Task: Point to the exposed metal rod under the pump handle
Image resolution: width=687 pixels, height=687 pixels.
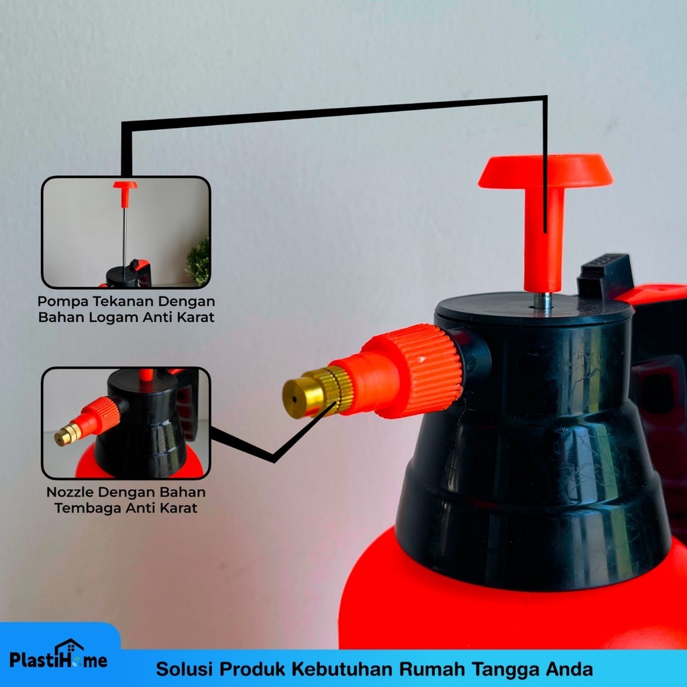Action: tap(542, 301)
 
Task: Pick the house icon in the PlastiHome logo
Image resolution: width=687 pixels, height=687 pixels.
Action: tap(69, 648)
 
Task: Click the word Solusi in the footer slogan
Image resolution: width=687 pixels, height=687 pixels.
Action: tap(184, 669)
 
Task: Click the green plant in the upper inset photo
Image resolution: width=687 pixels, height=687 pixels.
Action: tap(198, 262)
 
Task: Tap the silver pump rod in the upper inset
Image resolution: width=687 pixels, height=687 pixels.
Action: tap(124, 237)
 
